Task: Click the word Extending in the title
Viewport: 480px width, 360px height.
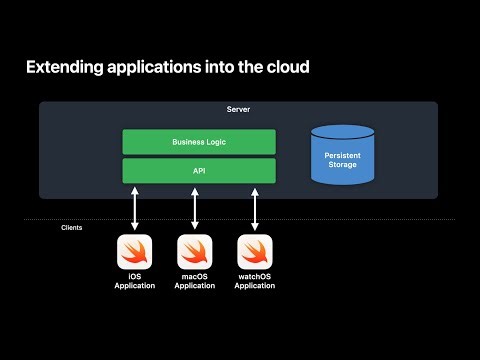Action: [x=62, y=68]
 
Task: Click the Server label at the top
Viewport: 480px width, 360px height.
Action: [x=238, y=108]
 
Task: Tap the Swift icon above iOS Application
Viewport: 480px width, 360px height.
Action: [x=134, y=251]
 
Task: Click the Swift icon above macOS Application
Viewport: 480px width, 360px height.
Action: [x=194, y=251]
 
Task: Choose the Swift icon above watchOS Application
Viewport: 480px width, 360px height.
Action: [x=254, y=251]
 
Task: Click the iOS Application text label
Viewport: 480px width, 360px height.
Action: [x=134, y=281]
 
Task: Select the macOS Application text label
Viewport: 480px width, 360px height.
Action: [x=194, y=281]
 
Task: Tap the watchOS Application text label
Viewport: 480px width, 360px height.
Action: [x=254, y=281]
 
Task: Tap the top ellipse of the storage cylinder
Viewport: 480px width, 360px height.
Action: [x=343, y=131]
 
